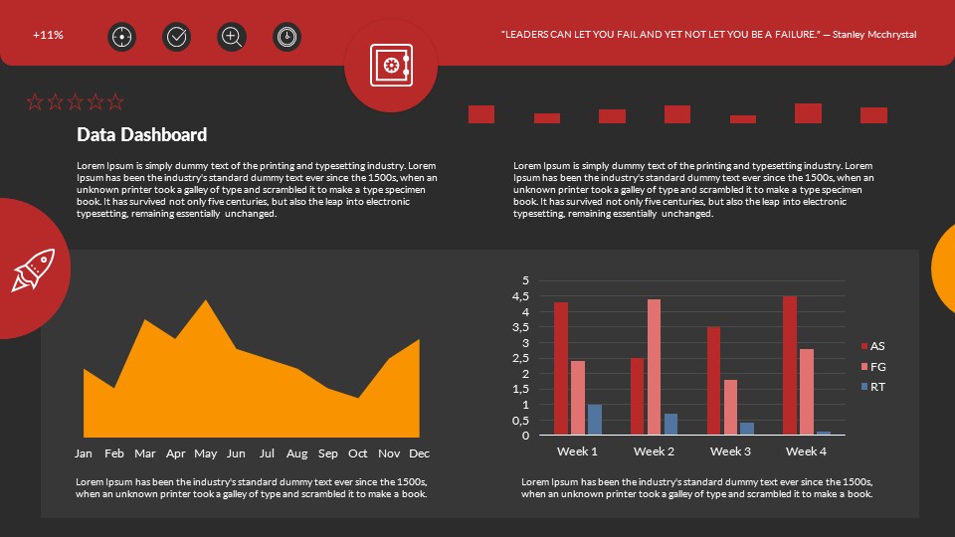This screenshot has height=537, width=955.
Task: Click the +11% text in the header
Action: click(48, 35)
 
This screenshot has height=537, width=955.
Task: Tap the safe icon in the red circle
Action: click(391, 66)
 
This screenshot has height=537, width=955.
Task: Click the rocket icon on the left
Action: click(32, 269)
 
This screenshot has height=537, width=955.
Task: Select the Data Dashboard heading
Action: click(142, 135)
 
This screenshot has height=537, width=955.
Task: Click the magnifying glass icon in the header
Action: click(232, 37)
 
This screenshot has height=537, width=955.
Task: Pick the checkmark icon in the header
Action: click(177, 37)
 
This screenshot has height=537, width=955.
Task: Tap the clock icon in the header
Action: click(286, 37)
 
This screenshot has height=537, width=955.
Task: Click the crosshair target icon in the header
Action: click(121, 37)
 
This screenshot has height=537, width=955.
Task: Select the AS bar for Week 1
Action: click(561, 368)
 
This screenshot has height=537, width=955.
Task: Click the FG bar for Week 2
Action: click(654, 366)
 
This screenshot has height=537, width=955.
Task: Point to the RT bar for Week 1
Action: click(595, 419)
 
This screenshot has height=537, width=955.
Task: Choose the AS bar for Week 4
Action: click(790, 365)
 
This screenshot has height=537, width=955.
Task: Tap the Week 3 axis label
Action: click(730, 451)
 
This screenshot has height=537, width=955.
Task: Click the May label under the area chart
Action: click(206, 453)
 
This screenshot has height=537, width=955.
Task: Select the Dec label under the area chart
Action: click(419, 453)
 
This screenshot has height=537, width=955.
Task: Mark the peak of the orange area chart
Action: click(206, 300)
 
